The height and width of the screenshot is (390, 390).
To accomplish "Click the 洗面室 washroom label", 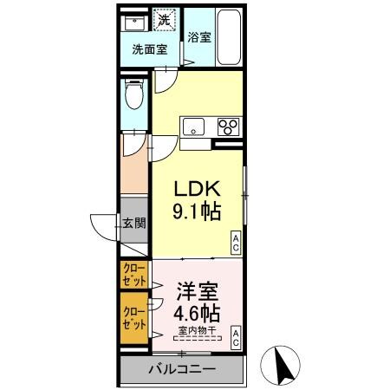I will [x=149, y=49].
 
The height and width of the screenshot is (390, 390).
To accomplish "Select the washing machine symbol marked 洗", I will [x=164, y=19].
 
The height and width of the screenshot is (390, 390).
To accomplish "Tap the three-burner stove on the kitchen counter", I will [x=229, y=126].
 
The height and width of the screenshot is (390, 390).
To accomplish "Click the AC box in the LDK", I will [x=236, y=245].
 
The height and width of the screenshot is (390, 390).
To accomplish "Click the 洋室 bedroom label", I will [x=197, y=290].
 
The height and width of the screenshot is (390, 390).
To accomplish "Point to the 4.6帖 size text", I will [x=197, y=312].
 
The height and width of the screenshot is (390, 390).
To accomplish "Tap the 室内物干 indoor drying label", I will [x=197, y=329].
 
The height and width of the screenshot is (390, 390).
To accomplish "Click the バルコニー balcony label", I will [x=180, y=369].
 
